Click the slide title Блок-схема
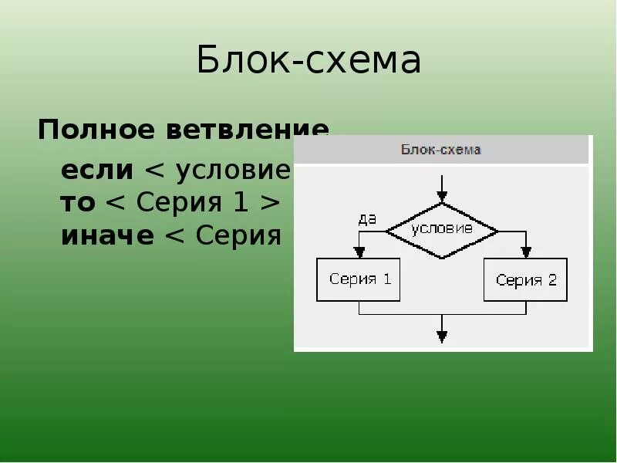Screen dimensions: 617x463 point(308,61)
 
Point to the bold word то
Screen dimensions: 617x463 point(77,202)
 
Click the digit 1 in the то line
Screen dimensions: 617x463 point(238,202)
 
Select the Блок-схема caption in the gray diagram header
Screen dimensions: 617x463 point(440,150)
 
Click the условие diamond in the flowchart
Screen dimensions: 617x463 point(442,230)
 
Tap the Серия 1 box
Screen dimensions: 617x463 point(359,279)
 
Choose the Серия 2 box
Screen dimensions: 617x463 point(526,279)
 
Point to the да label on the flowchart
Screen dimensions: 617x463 point(367,218)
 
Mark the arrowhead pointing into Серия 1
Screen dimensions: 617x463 point(359,252)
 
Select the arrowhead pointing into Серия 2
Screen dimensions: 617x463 point(526,252)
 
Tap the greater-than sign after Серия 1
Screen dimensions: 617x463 point(269,202)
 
